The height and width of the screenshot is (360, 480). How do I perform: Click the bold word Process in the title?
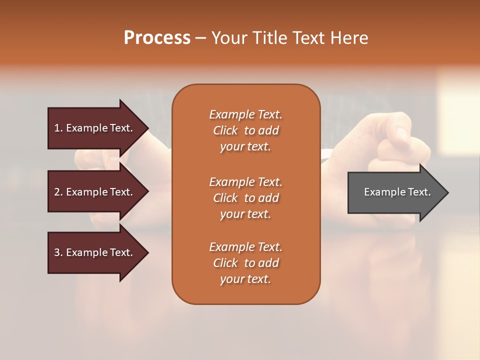(x=157, y=38)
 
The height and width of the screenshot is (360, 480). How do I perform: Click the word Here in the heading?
(x=349, y=38)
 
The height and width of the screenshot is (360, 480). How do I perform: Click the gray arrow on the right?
(x=395, y=192)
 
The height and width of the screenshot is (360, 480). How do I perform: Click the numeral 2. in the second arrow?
(x=58, y=192)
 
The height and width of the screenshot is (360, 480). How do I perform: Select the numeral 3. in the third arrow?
(x=58, y=252)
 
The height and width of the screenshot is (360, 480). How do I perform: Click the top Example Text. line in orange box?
(x=245, y=114)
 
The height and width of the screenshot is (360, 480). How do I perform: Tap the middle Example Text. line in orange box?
(x=245, y=182)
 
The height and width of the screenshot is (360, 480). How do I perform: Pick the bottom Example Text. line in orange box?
(x=245, y=247)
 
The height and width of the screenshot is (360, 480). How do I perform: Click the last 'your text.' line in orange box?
(x=245, y=279)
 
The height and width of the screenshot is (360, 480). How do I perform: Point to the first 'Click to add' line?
(x=245, y=130)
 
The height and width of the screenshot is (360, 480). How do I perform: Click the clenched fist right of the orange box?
(x=395, y=145)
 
